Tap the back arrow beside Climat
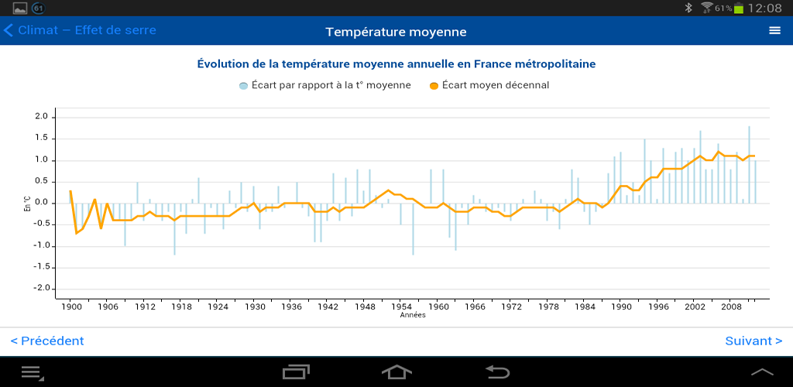click(9, 31)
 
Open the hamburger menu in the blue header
click(774, 31)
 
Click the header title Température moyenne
click(396, 32)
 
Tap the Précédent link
click(47, 341)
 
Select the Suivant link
click(753, 341)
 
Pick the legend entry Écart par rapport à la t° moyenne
click(325, 85)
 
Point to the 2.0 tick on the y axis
click(42, 117)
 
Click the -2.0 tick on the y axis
click(40, 289)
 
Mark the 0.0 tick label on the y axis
click(42, 203)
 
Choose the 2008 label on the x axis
click(731, 307)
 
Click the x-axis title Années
click(413, 315)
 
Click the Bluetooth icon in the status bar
click(688, 8)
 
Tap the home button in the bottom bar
click(396, 372)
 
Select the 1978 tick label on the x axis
click(548, 307)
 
